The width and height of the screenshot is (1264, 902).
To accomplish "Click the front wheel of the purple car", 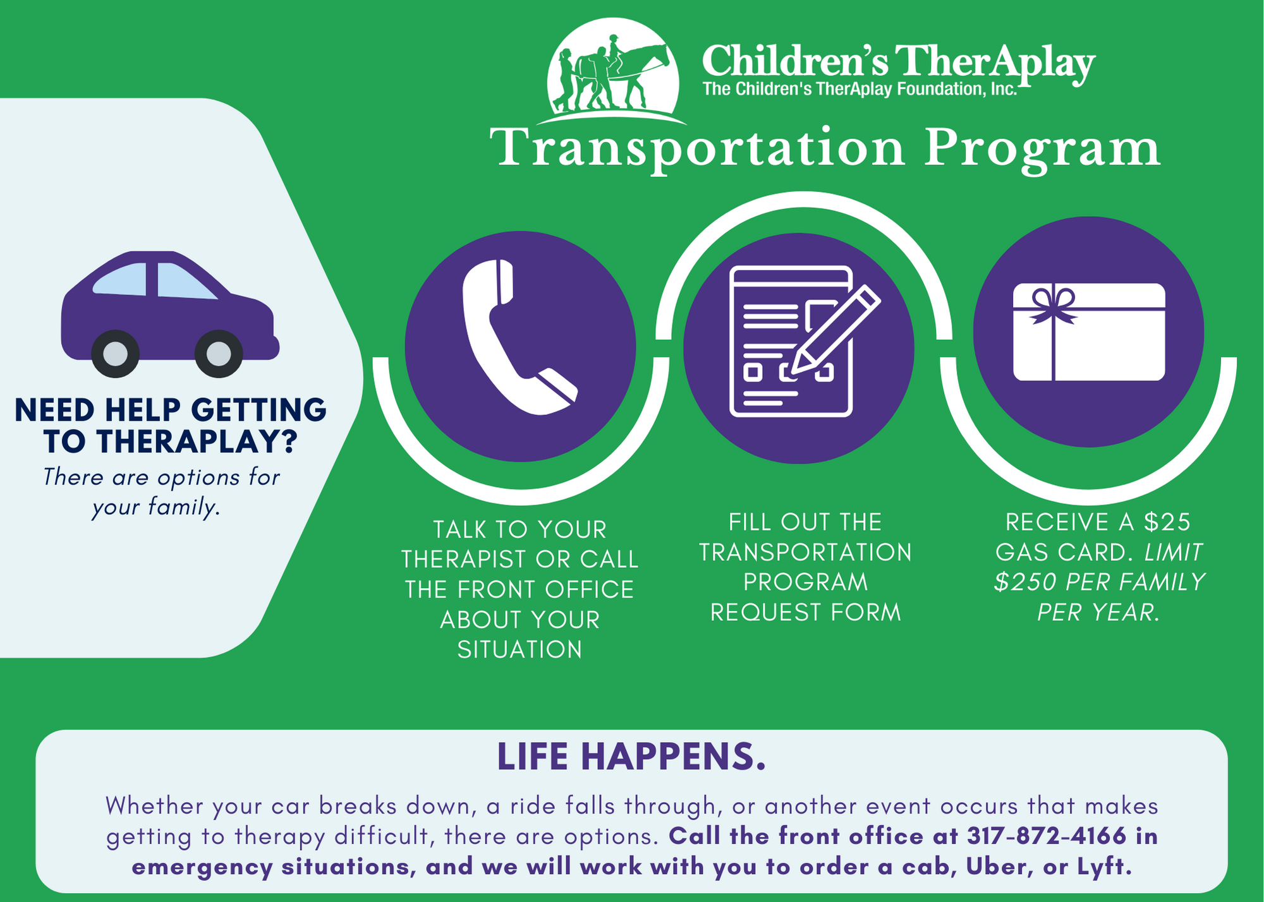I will [x=219, y=354].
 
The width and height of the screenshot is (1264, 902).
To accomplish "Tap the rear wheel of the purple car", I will [x=115, y=354].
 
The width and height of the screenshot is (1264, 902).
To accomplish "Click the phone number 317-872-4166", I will [x=1047, y=836].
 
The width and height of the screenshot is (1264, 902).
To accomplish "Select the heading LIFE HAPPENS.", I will [x=631, y=756].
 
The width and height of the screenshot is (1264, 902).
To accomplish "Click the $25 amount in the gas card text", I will [x=1167, y=522].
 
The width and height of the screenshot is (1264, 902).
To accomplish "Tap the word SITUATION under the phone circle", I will [x=520, y=649].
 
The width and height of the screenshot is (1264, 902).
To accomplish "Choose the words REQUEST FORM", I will [x=805, y=612].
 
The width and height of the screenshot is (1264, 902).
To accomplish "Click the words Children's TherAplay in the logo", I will [x=897, y=62].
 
